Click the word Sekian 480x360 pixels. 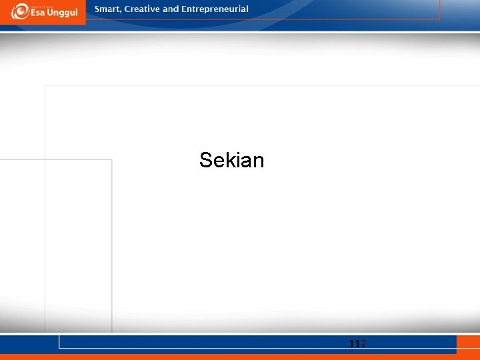tap(231, 160)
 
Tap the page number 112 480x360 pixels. tap(357, 344)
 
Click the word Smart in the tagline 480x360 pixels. tap(107, 9)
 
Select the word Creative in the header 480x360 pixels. tap(141, 9)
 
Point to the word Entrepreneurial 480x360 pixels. tap(215, 9)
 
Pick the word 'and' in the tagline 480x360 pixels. tap(171, 9)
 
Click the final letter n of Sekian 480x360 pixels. tap(258, 160)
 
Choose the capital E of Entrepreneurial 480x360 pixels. tap(184, 9)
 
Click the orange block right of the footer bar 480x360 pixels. tap(468, 344)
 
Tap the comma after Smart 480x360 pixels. tap(120, 12)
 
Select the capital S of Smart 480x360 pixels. tap(97, 9)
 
